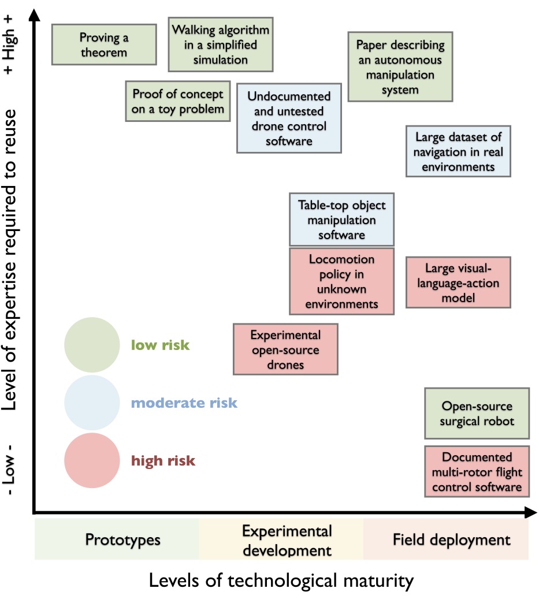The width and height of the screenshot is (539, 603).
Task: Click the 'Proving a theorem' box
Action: coord(104,44)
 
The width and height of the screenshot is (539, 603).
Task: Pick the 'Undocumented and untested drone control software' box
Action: coord(289,118)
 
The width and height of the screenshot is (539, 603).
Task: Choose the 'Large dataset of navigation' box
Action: coord(458,151)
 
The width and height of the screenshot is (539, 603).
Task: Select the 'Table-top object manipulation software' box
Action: coord(341,219)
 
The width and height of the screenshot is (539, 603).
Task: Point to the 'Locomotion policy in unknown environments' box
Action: coord(341,281)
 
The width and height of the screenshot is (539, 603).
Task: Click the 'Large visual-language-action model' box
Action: coord(458,282)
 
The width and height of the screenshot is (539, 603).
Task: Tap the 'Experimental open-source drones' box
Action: coord(285,349)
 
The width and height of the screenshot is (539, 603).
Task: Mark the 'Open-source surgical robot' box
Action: coord(477,414)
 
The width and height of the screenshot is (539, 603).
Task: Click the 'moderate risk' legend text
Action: coord(184,403)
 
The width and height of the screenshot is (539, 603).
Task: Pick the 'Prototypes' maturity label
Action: coord(122,539)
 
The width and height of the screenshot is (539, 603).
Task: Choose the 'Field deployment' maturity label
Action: coord(451,539)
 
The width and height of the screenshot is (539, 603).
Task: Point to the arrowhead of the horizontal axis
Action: coord(530,512)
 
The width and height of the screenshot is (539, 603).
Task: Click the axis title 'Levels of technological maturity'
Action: coord(281,580)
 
